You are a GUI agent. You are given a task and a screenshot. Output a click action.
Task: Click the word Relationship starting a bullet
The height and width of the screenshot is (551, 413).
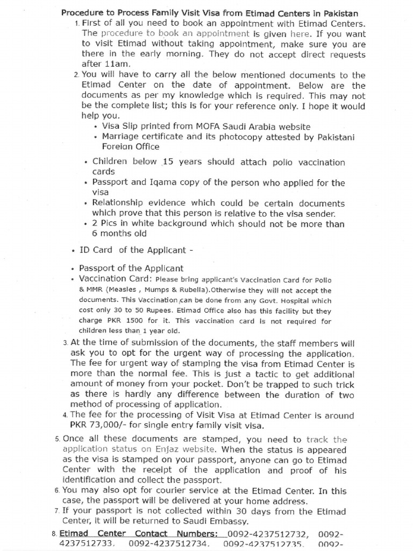[x=117, y=203]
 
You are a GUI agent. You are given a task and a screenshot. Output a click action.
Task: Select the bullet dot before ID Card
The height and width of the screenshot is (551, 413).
[x=73, y=250]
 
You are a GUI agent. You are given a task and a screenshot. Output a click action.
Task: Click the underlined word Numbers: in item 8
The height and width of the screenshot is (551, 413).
[x=195, y=534]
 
